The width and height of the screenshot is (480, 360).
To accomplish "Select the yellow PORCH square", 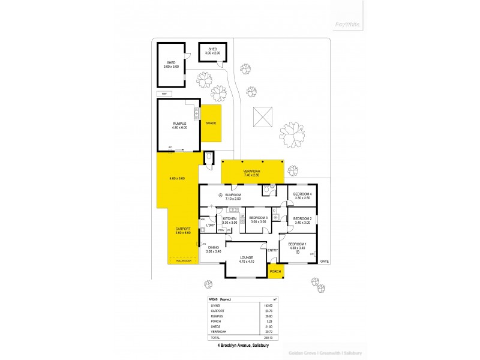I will [x=275, y=271].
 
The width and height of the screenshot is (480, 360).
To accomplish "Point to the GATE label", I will [x=325, y=262].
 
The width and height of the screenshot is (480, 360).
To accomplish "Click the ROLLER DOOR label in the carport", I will [x=184, y=261].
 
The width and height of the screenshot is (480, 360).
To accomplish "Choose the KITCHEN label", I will [x=230, y=218].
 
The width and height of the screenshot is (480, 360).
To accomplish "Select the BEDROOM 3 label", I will [x=258, y=218].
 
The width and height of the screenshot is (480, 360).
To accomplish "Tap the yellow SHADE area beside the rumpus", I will [x=211, y=123].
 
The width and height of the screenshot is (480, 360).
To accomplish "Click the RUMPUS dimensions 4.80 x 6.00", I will [x=179, y=127].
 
